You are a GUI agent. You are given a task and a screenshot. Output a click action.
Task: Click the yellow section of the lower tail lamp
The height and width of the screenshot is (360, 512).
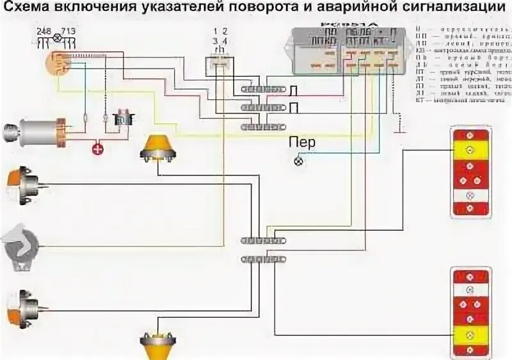470,334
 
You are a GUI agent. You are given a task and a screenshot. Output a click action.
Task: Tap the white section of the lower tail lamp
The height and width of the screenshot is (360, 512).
470,289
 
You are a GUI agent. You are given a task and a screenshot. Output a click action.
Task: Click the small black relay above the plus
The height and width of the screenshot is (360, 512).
122,101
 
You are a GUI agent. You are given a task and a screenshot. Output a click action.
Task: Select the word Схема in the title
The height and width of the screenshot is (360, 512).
30,10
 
